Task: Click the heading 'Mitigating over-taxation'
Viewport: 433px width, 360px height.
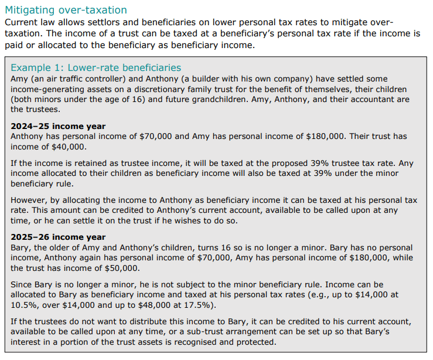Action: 66,10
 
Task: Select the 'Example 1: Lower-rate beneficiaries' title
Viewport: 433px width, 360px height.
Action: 96,68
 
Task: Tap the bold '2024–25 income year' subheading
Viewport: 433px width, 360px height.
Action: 58,126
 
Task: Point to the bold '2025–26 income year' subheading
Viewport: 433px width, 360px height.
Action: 58,237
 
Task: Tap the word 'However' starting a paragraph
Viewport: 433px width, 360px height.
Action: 30,200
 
